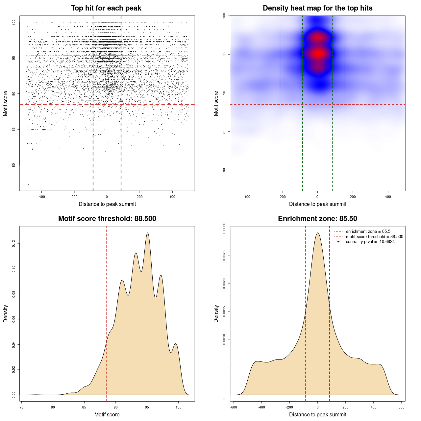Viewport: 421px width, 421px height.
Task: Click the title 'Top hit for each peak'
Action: pyautogui.click(x=106, y=8)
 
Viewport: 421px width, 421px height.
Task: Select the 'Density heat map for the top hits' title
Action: pyautogui.click(x=317, y=8)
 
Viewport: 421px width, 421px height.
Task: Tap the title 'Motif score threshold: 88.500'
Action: pyautogui.click(x=107, y=219)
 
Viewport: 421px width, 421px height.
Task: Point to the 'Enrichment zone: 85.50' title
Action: pyautogui.click(x=317, y=219)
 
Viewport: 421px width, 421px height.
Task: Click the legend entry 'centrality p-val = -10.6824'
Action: pyautogui.click(x=370, y=242)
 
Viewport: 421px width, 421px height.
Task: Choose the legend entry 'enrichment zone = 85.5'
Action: pyautogui.click(x=368, y=232)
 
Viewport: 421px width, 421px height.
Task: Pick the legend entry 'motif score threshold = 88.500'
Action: pyautogui.click(x=374, y=236)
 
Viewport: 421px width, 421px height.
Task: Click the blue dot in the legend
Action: pyautogui.click(x=338, y=242)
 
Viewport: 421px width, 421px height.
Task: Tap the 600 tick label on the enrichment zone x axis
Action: pyautogui.click(x=401, y=407)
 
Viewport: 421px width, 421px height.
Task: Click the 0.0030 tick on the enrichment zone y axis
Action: pyautogui.click(x=224, y=228)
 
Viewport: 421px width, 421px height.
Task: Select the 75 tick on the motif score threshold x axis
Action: pyautogui.click(x=22, y=407)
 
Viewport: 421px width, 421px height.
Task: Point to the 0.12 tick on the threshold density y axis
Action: pyautogui.click(x=14, y=244)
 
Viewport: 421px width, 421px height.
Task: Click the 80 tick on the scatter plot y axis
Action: pyautogui.click(x=14, y=165)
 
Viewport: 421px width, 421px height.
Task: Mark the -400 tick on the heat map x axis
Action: pyautogui.click(x=247, y=197)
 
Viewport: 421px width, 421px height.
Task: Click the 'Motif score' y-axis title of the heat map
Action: pyautogui.click(x=216, y=103)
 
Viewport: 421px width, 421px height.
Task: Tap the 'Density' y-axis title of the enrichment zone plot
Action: pyautogui.click(x=216, y=314)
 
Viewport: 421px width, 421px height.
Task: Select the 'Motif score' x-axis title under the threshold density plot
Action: pyautogui.click(x=107, y=414)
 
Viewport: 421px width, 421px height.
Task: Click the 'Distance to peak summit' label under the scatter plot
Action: pyautogui.click(x=107, y=204)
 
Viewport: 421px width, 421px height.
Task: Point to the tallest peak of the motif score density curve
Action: pyautogui.click(x=148, y=233)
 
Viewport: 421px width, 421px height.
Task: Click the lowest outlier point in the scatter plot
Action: pyautogui.click(x=29, y=184)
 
